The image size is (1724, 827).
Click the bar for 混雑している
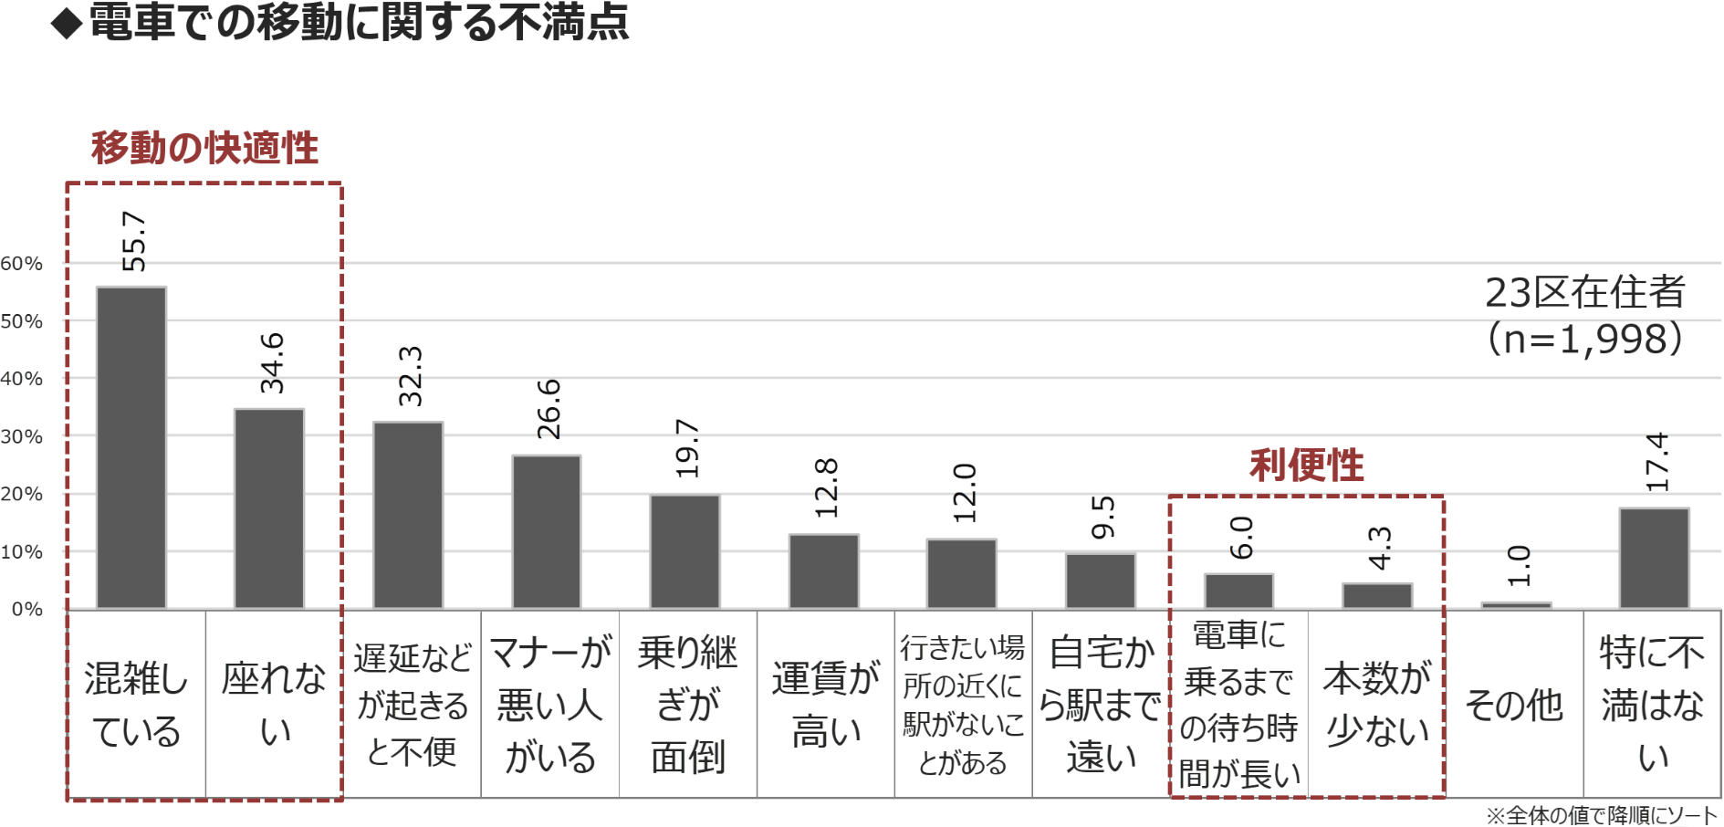click(131, 447)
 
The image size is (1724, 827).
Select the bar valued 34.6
click(269, 508)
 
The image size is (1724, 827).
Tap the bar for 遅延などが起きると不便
click(408, 515)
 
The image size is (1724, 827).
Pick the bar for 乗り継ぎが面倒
click(684, 551)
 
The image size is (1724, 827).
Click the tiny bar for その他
click(1516, 604)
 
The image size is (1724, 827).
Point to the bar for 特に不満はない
click(1654, 558)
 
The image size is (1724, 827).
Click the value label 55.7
click(133, 242)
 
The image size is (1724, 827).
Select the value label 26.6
click(549, 409)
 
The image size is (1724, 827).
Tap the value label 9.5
click(1102, 518)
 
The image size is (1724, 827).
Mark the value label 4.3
click(1379, 548)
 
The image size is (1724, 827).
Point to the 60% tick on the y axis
click(22, 264)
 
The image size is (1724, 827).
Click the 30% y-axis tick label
click(22, 436)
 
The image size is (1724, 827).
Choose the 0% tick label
click(26, 609)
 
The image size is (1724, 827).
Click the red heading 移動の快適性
click(204, 148)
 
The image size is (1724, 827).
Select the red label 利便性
click(1306, 466)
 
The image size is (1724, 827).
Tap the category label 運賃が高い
click(826, 705)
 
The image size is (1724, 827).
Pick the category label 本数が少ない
click(1377, 705)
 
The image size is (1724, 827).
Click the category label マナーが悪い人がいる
click(550, 705)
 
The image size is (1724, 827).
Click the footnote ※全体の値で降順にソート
click(1602, 815)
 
